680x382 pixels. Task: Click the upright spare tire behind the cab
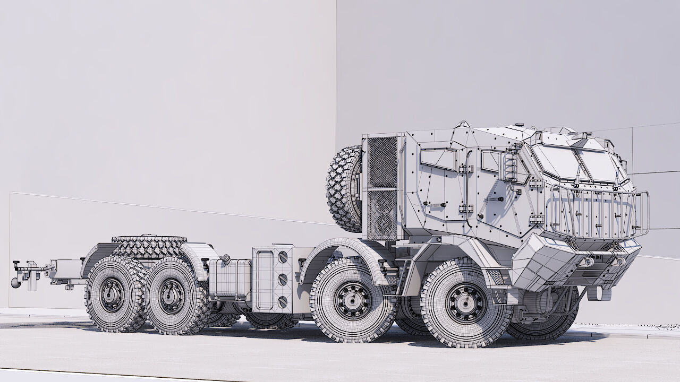coord(344,189)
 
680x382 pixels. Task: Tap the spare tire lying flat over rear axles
coord(149,246)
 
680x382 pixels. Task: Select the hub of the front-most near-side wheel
coord(466,302)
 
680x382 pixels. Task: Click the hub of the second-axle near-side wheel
coord(352,300)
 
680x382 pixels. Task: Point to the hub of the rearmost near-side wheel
coord(112,294)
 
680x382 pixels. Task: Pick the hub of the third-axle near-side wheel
coord(172,297)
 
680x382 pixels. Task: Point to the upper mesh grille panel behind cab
coord(382,162)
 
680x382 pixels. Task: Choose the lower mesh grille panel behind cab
coord(382,214)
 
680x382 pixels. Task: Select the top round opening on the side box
coord(283,257)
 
